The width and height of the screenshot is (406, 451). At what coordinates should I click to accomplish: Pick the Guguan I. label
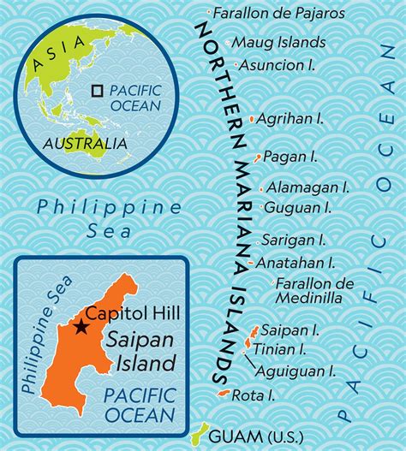[x=297, y=208]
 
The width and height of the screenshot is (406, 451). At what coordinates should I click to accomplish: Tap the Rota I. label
[x=260, y=395]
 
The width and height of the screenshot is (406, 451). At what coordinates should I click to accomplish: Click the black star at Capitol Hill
[x=81, y=326]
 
